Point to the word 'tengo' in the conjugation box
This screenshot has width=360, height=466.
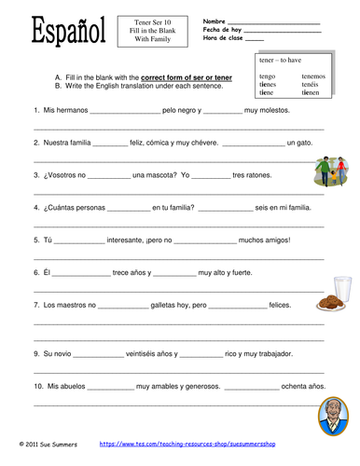tap(268, 76)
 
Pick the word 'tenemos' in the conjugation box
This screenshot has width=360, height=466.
tap(314, 76)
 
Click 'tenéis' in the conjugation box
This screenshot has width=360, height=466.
tap(312, 85)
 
